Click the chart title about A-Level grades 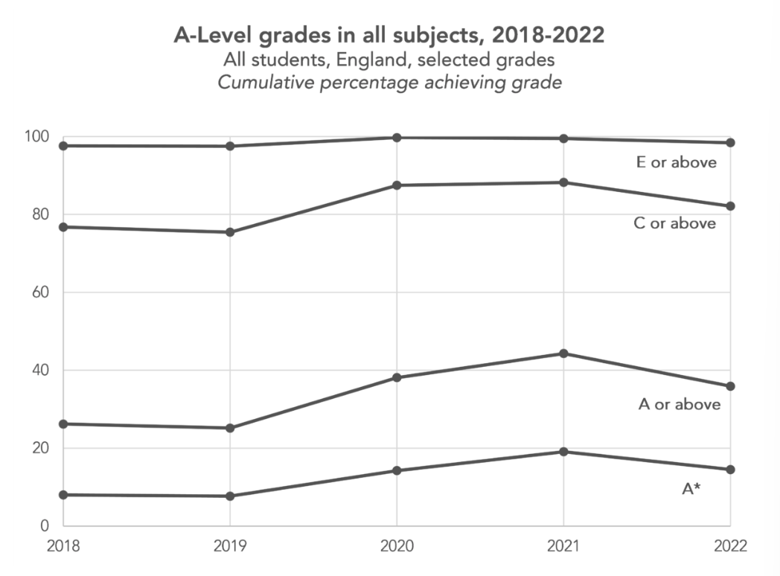[389, 35]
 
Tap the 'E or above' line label [677, 162]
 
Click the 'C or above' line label [674, 223]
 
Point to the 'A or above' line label [679, 404]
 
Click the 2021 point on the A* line [563, 452]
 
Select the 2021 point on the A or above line [563, 353]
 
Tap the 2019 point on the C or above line [230, 232]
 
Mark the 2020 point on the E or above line [397, 138]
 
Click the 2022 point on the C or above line [730, 206]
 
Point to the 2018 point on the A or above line [64, 424]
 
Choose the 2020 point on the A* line [397, 470]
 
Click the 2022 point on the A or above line [730, 386]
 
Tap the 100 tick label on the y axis [36, 137]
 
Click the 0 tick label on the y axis [44, 526]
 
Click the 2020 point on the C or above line [397, 185]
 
